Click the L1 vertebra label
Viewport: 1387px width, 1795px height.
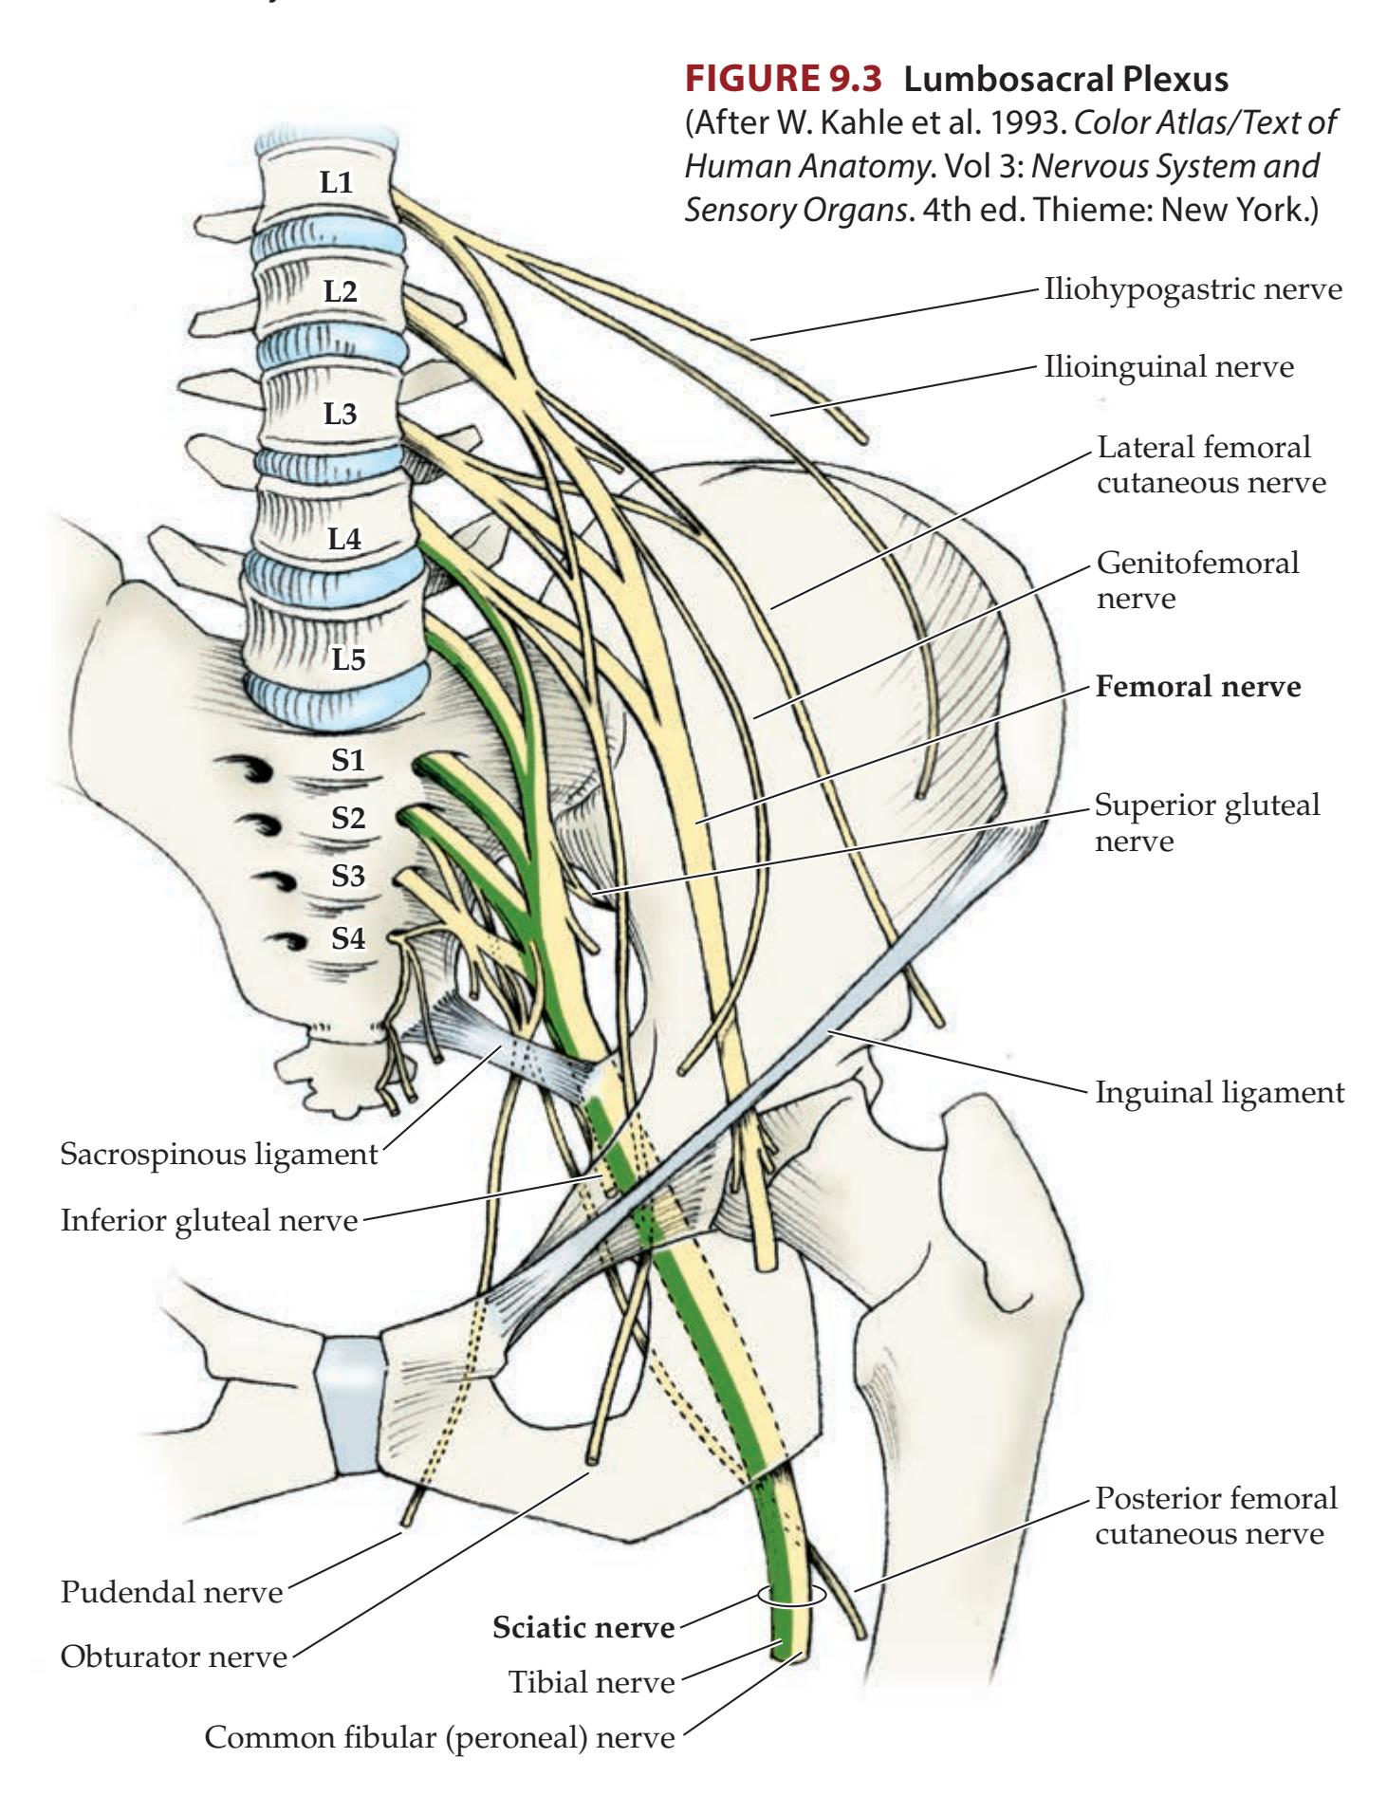coord(336,183)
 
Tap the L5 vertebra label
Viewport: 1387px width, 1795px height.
coord(348,659)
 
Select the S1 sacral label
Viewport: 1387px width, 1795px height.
coord(348,760)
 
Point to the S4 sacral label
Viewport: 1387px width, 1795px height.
coord(348,938)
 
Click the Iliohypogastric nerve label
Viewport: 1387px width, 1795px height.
coord(1193,288)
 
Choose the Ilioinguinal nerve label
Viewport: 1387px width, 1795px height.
coord(1168,366)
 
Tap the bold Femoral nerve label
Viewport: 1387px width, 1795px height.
coord(1198,686)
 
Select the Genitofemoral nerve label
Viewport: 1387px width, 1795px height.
coord(1197,580)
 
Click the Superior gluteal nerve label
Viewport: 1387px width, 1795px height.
coord(1207,823)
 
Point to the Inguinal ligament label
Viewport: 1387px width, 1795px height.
coord(1219,1092)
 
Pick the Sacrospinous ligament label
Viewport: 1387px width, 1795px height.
coord(218,1155)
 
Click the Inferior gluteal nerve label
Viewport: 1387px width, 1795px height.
coord(209,1220)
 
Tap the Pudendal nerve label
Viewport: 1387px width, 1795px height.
coord(172,1591)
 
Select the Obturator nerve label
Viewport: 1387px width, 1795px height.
coord(174,1657)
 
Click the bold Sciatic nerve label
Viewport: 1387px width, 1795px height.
coord(583,1628)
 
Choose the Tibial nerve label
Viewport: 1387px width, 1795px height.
coord(592,1682)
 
